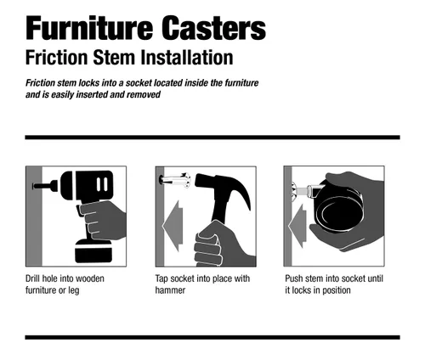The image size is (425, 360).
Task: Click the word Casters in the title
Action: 214,28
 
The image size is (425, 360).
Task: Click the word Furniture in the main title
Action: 89,28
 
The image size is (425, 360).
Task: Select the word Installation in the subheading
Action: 187,58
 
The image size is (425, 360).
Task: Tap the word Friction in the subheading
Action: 56,58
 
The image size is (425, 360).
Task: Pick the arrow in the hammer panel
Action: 173,226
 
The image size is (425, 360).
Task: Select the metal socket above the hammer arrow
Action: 175,180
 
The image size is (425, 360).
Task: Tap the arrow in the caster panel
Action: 297,226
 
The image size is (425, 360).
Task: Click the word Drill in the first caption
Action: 32,278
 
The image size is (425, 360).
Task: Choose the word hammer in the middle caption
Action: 170,290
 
